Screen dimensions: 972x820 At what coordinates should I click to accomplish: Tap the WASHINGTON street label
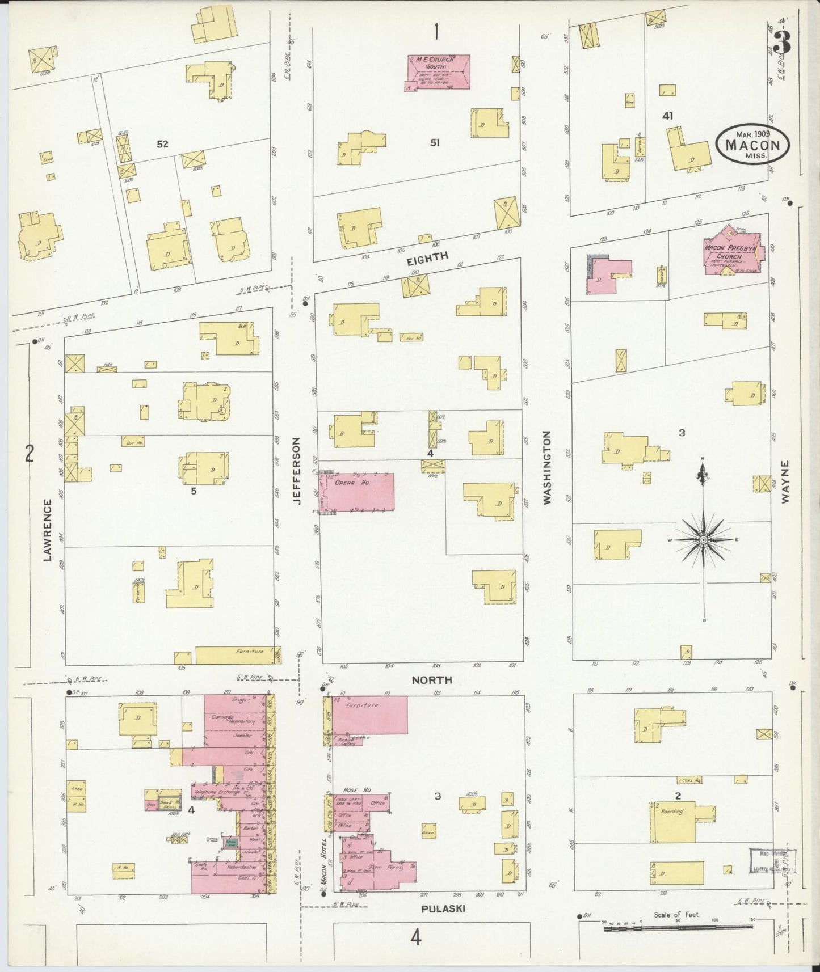tap(547, 468)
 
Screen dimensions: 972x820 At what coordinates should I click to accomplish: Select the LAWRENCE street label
tap(48, 530)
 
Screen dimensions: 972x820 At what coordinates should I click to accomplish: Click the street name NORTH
tap(432, 679)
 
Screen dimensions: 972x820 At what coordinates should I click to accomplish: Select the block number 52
tap(162, 144)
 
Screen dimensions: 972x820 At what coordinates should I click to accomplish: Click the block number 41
tap(667, 116)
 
